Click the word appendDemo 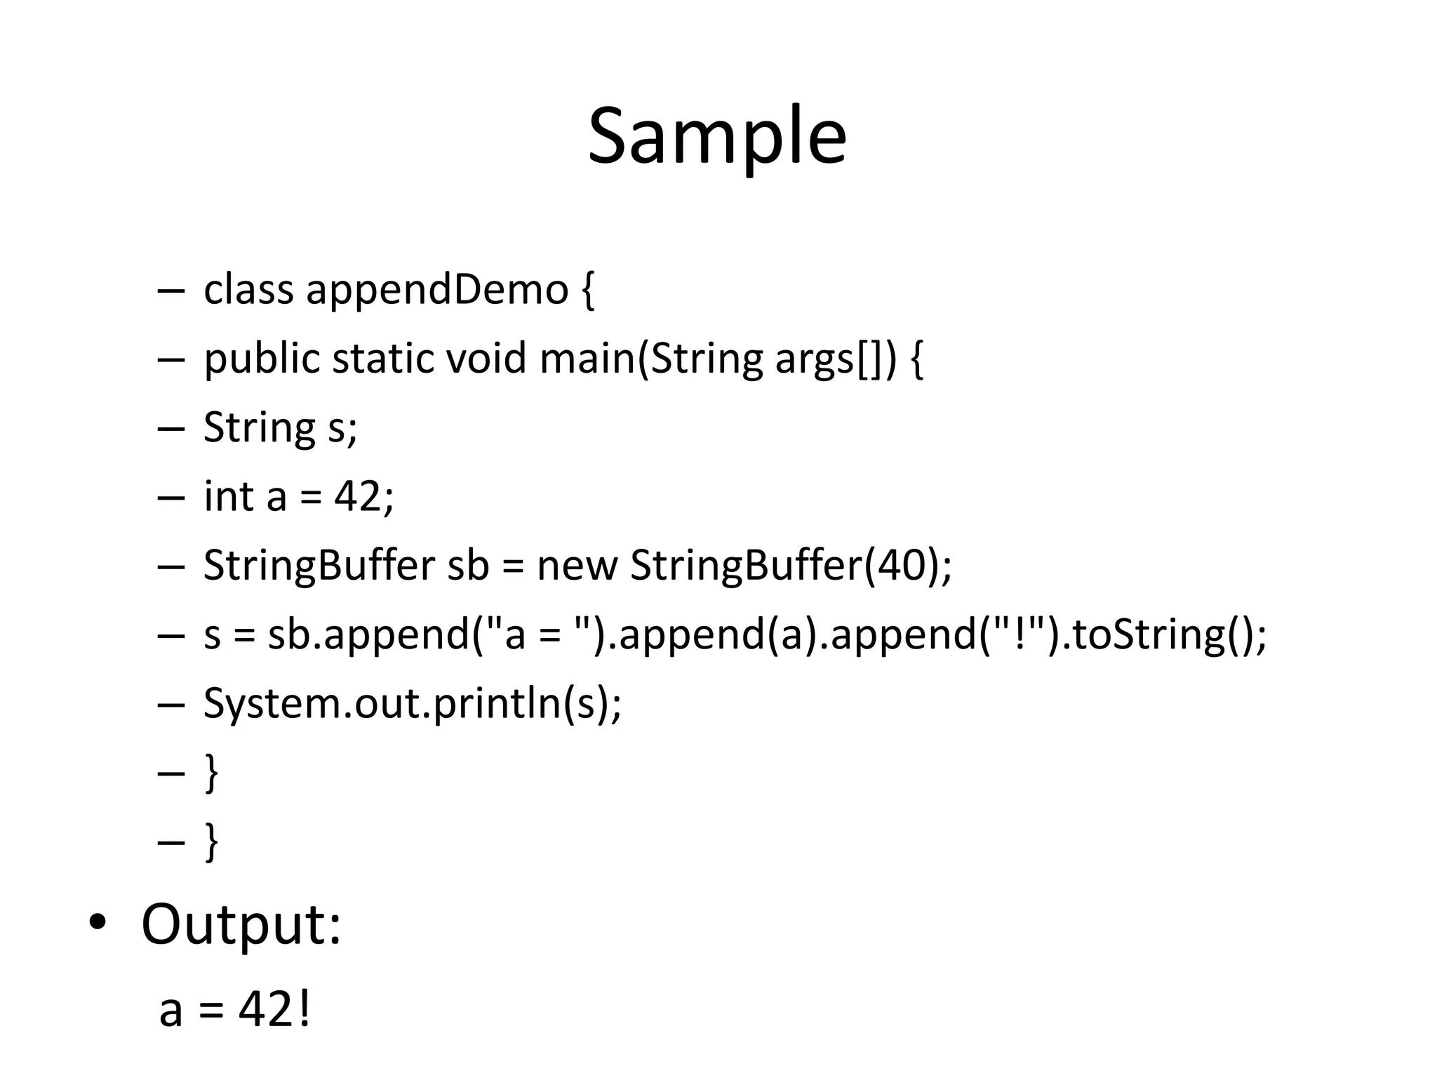pos(436,289)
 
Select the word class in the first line pos(248,289)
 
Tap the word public pos(261,359)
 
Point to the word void pos(486,359)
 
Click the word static pos(382,359)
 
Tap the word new pos(577,565)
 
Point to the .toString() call pos(1158,634)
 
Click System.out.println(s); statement pos(412,703)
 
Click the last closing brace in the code pos(210,841)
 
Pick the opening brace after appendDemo pos(588,291)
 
